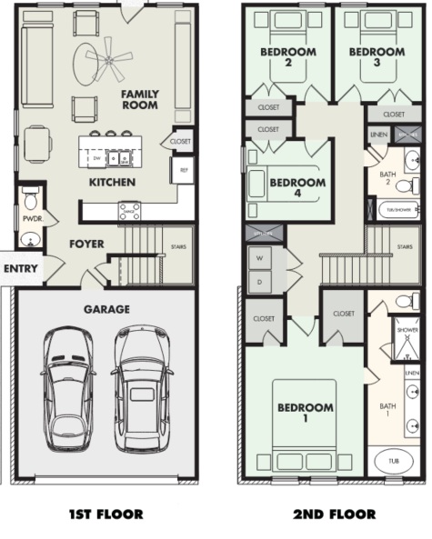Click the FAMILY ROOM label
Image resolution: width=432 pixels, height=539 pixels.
point(139,100)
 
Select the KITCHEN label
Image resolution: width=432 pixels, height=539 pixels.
point(112,183)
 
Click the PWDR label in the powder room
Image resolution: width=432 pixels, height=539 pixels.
point(31,219)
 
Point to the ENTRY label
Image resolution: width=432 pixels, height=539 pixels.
point(20,269)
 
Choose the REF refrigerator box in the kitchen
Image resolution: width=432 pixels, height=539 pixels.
point(183,169)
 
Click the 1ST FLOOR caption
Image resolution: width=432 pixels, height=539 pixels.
point(106,514)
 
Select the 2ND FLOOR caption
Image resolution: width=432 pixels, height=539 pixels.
point(333,514)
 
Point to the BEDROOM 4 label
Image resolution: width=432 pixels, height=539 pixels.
point(299,187)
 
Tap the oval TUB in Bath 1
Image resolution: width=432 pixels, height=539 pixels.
point(393,461)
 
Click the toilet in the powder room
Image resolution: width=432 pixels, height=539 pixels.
point(30,199)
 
